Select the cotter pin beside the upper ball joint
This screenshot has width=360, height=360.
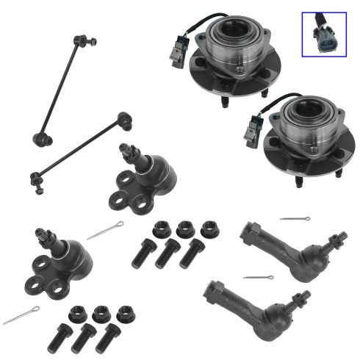(x=104, y=230)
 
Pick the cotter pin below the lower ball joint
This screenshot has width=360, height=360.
(x=21, y=316)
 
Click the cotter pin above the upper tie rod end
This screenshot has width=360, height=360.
(x=295, y=218)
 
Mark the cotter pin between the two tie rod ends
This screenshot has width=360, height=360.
(x=258, y=277)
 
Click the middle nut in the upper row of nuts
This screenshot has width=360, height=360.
(x=184, y=228)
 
